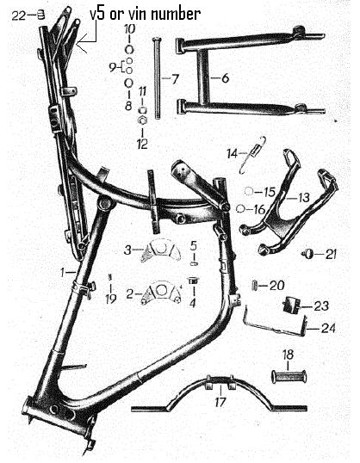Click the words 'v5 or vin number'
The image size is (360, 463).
[146, 14]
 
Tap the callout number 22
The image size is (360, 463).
[19, 15]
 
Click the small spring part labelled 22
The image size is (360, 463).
[41, 15]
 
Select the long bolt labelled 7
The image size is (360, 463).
[157, 77]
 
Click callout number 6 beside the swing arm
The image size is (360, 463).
[225, 78]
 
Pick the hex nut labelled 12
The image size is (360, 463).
[143, 120]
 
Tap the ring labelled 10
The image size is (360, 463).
[129, 50]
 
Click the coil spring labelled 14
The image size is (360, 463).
[253, 154]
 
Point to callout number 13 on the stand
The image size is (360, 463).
[303, 197]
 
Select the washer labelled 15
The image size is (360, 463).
[249, 192]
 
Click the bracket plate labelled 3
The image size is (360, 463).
[160, 250]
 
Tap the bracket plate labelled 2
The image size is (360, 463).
[161, 293]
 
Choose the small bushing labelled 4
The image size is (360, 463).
[193, 281]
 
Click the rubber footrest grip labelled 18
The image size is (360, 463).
[289, 377]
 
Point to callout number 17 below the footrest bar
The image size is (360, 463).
[220, 402]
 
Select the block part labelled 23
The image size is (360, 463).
[292, 305]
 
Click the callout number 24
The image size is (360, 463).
[328, 328]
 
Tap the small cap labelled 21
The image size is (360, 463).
[308, 254]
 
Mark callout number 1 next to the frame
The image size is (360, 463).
[62, 272]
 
